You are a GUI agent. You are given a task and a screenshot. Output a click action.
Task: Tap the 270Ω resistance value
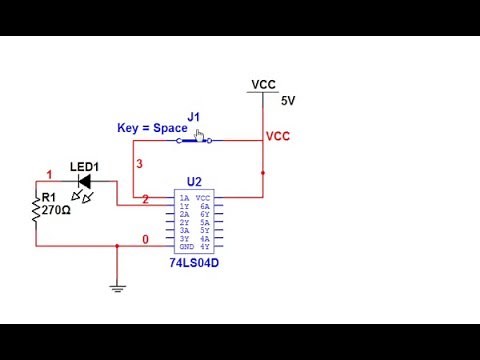55,211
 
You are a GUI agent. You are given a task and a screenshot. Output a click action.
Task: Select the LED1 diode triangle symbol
85,181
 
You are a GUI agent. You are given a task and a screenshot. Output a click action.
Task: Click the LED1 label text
84,166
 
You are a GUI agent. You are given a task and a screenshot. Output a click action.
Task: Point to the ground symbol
118,289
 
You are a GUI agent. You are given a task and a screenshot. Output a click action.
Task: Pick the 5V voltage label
288,101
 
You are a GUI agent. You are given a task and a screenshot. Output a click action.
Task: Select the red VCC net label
278,136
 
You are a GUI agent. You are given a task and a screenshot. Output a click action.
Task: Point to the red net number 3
139,163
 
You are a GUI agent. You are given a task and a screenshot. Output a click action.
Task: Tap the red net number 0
146,240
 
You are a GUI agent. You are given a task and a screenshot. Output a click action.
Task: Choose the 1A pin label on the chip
184,198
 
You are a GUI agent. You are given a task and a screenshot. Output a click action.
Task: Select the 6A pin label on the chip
204,206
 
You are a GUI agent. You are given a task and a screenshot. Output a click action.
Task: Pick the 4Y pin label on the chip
204,247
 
